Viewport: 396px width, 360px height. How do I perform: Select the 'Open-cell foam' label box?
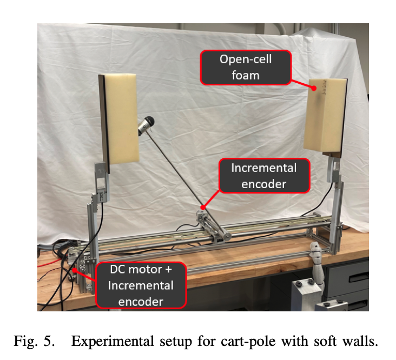[x=245, y=67]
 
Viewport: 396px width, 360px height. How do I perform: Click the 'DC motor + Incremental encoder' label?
[x=141, y=285]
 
